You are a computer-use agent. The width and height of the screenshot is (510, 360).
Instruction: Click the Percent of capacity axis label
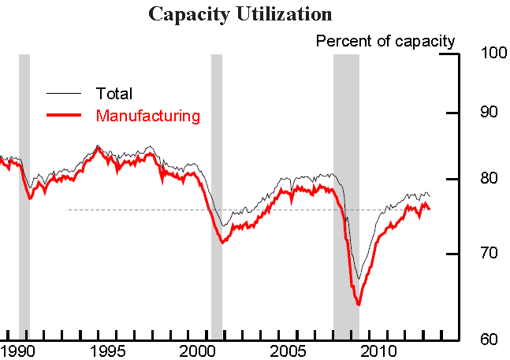(x=385, y=41)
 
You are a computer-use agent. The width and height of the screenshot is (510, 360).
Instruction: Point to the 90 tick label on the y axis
(x=489, y=112)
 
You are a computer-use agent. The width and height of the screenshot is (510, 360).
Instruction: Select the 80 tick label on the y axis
(x=489, y=179)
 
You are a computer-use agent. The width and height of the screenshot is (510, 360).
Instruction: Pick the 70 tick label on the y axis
(x=489, y=254)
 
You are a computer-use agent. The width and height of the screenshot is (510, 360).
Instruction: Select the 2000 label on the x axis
(x=199, y=349)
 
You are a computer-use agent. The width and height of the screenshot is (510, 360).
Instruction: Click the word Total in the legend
(x=114, y=94)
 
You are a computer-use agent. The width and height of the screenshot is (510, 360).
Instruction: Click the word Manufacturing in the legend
(x=147, y=116)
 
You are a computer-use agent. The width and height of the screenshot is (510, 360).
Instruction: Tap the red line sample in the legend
(x=65, y=115)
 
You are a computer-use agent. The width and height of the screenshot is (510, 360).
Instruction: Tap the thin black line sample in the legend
(x=65, y=93)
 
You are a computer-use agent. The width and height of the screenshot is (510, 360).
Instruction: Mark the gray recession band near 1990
(x=24, y=197)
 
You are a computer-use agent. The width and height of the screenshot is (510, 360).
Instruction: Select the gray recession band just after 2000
(x=217, y=197)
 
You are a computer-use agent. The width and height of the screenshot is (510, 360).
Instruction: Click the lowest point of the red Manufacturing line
(x=358, y=304)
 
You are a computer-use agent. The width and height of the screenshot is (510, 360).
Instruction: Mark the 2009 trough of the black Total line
(x=358, y=278)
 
